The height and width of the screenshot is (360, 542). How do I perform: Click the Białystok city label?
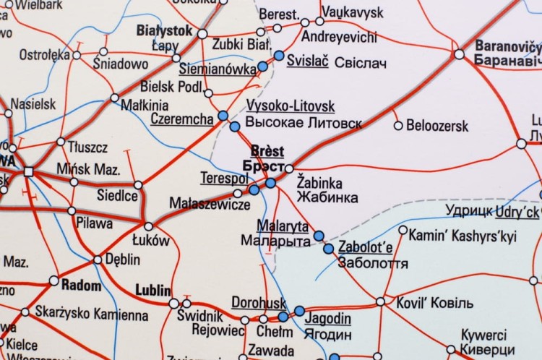coord(164,31)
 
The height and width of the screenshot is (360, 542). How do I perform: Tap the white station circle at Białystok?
coord(202,33)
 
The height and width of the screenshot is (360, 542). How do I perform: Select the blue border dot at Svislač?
coord(279,55)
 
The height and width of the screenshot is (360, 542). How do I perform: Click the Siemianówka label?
coord(217,69)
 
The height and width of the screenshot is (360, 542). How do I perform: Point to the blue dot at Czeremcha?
coord(223,116)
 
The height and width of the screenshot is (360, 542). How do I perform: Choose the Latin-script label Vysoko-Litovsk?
coord(291,106)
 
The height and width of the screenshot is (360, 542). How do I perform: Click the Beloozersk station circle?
coord(397,125)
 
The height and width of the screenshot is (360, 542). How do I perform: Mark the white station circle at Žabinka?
coord(289,168)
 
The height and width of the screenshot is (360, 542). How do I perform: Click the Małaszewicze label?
coord(210,204)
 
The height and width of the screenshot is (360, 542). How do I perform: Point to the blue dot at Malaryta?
coord(319,235)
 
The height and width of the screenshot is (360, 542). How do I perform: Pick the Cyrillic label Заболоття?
coord(373,264)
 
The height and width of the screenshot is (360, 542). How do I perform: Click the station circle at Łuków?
coord(149,226)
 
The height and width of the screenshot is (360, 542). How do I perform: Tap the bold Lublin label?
coord(153,290)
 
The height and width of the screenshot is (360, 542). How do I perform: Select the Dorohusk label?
coord(259,302)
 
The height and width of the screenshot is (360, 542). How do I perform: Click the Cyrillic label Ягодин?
coord(329,335)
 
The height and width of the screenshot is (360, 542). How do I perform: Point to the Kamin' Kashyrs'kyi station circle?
coord(403,235)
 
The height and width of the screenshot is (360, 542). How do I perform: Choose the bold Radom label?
coord(81,286)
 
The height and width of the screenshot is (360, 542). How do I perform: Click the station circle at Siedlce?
coord(138,184)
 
